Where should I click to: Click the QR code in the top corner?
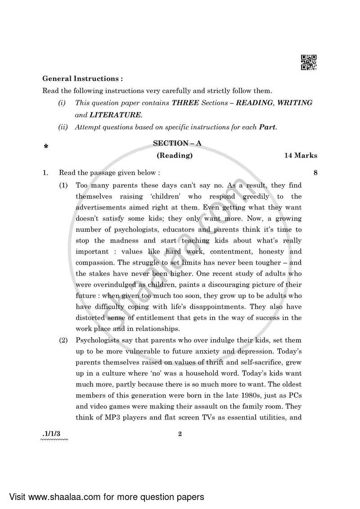[309, 63]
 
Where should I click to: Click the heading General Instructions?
[82, 78]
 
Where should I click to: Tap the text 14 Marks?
[300, 156]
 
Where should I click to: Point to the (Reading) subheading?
[175, 156]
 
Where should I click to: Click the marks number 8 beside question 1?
[315, 172]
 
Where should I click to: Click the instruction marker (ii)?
[63, 127]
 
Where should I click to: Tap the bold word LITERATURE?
[114, 115]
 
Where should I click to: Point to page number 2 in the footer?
[180, 434]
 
